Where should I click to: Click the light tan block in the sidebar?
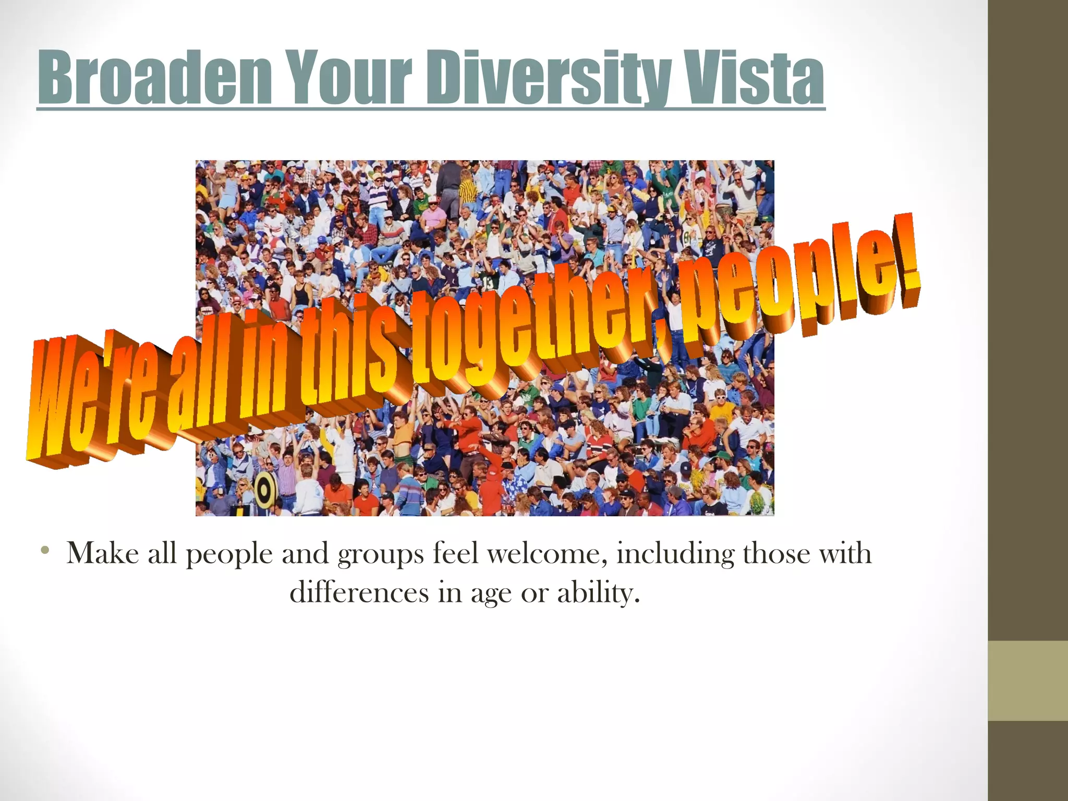point(1027,681)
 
